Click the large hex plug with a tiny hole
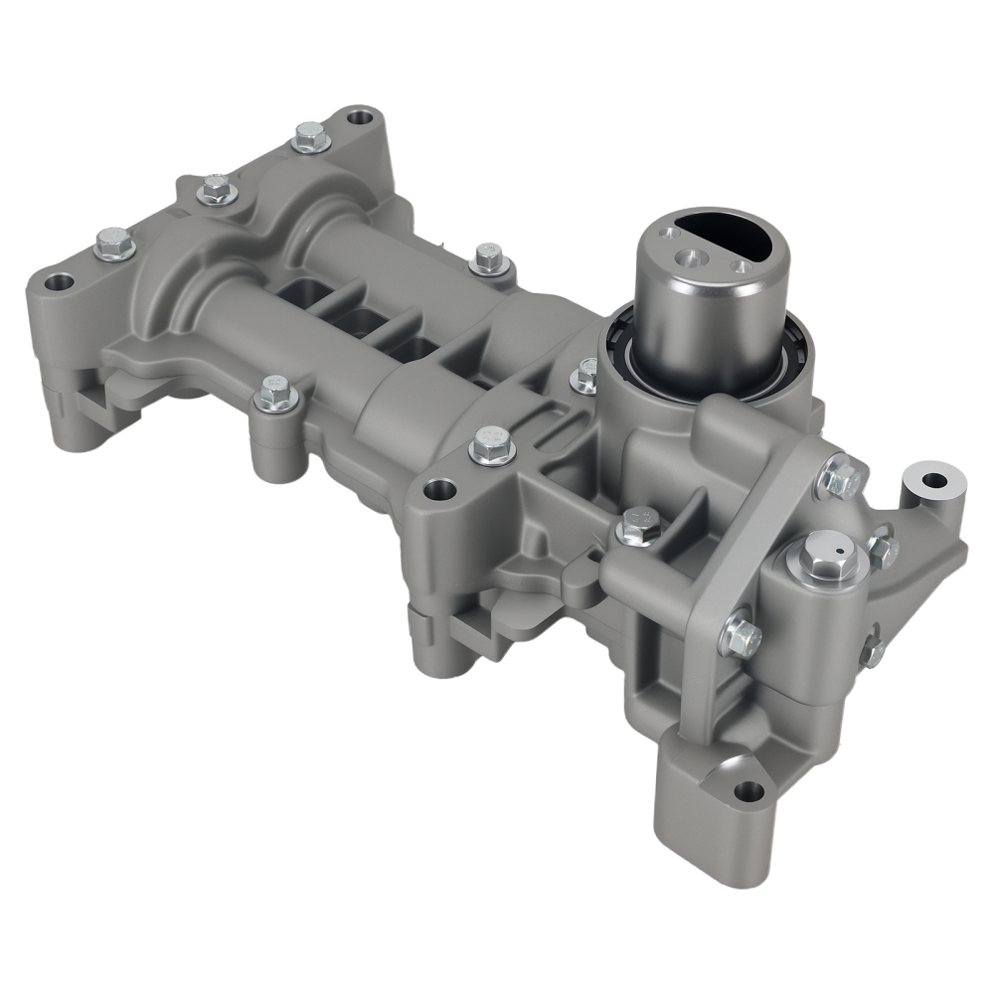[x=824, y=560]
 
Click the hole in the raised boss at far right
[x=933, y=480]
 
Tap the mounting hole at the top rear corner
[x=359, y=118]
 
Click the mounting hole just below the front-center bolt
[x=438, y=489]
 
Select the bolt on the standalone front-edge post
[x=275, y=395]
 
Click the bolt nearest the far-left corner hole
[x=114, y=244]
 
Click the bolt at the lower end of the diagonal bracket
[x=742, y=635]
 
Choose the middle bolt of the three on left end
[x=214, y=188]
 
